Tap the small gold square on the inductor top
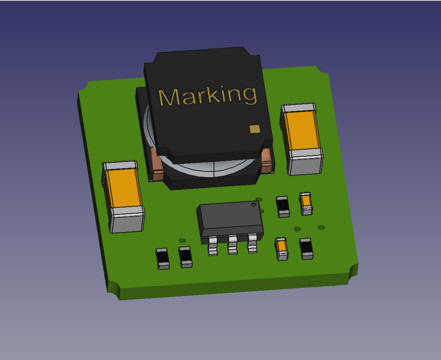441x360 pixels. point(255,129)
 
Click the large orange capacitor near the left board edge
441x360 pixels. point(124,189)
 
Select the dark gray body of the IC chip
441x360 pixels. point(229,217)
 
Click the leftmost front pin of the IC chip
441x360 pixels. point(213,247)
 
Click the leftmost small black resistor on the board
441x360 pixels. point(163,258)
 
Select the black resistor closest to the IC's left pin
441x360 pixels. point(186,257)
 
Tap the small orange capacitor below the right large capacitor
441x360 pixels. point(306,203)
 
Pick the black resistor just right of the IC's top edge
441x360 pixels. point(283,206)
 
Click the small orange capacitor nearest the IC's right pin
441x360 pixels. point(282,248)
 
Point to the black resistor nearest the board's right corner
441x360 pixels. point(306,248)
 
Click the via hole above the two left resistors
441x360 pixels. point(182,240)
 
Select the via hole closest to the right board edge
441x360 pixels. point(321,227)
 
